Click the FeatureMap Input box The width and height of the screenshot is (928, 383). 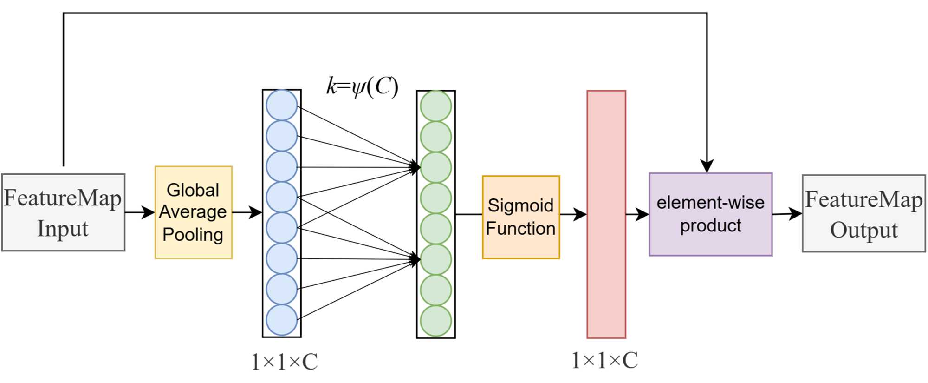63,212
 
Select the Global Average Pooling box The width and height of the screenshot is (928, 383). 194,212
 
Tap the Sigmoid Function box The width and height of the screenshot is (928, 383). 521,217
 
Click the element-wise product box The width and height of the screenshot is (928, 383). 710,214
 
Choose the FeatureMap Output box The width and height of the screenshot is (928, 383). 863,214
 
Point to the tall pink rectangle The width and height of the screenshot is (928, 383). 606,214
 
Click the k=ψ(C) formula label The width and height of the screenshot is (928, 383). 362,86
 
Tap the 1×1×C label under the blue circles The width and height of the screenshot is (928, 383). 284,362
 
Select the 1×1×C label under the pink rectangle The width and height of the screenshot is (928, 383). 604,360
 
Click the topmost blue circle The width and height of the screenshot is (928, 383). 282,106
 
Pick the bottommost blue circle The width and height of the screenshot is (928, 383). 282,320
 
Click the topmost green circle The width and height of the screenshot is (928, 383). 436,106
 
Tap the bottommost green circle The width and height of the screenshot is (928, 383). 436,321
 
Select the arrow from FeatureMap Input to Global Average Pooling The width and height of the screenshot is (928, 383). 140,212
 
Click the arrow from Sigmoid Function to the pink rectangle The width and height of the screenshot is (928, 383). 573,214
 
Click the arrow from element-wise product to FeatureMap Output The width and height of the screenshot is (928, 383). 787,214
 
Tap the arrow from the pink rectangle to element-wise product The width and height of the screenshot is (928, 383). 637,214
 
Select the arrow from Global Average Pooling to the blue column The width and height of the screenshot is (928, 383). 247,212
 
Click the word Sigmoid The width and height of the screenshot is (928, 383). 520,205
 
